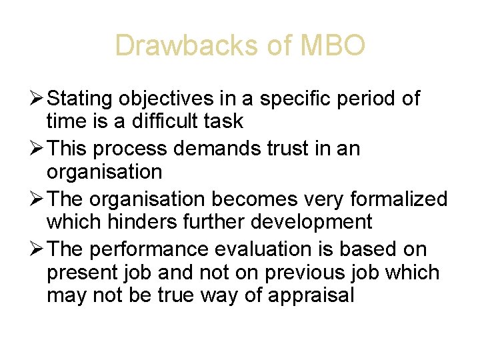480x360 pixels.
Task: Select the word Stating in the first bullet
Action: coord(80,99)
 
